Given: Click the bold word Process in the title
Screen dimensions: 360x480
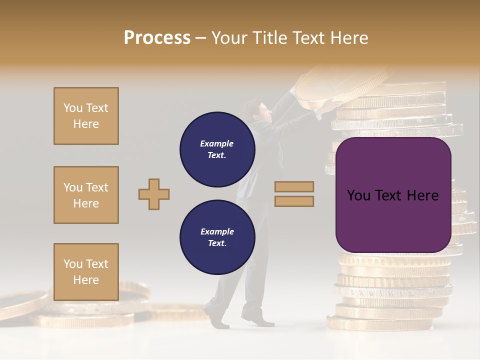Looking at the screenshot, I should (157, 38).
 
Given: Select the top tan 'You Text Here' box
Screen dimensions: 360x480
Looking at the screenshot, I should (86, 116).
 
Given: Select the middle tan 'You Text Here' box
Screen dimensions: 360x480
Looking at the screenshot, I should (86, 195).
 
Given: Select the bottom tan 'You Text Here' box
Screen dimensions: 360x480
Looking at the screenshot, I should (86, 272).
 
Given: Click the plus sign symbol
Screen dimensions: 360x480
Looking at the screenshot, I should (154, 194).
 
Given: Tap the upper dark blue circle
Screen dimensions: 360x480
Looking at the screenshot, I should (217, 149).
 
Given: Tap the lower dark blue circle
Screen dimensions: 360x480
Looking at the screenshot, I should (217, 237).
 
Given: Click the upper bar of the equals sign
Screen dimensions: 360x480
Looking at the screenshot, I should (294, 186).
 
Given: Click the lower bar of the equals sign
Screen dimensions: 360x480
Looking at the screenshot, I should (294, 201).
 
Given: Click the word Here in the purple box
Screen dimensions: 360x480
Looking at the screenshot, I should (422, 195).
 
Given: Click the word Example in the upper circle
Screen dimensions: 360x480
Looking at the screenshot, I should (216, 143).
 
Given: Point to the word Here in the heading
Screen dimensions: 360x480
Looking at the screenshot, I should (348, 38).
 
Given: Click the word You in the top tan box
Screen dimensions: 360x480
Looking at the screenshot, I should (73, 108).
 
